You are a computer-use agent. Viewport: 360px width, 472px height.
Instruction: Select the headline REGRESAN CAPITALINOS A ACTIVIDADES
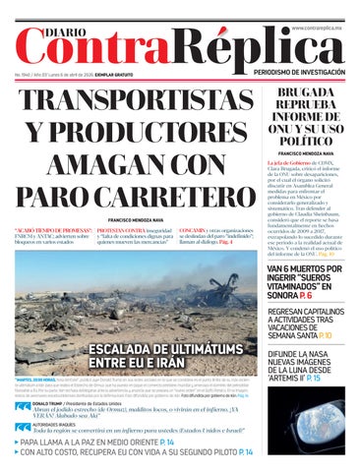(x=309, y=318)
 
